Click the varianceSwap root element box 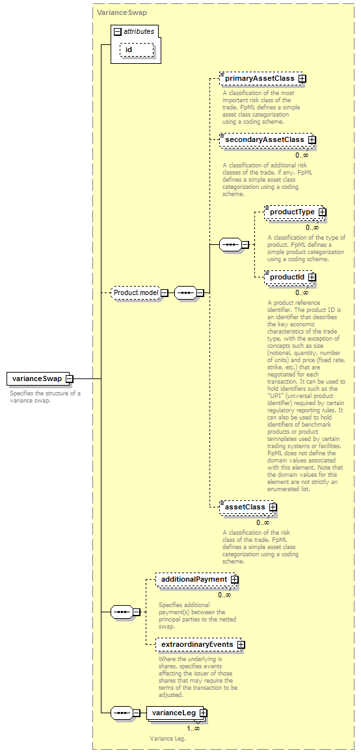pos(39,378)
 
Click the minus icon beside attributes pos(118,32)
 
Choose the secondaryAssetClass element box pos(267,139)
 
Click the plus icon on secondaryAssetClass pos(312,139)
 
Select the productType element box pos(295,212)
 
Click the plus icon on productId pos(312,277)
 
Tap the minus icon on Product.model pos(163,292)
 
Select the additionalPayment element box pos(197,580)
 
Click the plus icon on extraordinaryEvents pos(241,644)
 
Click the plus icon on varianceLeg pos(204,713)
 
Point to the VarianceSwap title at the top pos(116,13)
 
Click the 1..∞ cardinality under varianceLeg pos(193,728)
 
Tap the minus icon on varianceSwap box pos(68,378)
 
